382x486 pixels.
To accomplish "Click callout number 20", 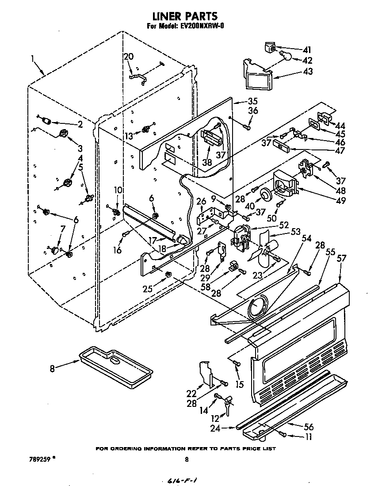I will point(128,56).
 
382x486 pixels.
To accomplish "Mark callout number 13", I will point(128,136).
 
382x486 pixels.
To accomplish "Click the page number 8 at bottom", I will point(186,459).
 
